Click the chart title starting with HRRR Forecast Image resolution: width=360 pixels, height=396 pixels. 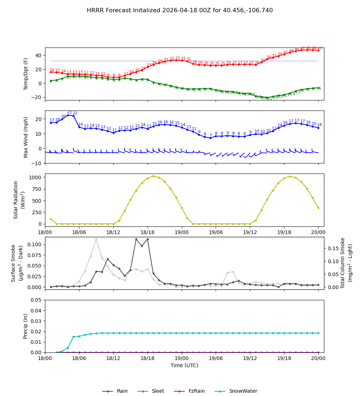click(180, 10)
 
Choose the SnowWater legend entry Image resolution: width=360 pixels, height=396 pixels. click(243, 391)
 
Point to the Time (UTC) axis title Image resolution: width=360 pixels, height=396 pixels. click(184, 365)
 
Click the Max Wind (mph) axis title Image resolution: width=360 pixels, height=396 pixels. click(26, 137)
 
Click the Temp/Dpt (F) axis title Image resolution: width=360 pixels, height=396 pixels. click(26, 74)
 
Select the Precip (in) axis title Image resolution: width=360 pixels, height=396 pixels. click(26, 326)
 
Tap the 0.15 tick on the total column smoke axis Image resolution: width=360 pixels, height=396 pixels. click(332, 248)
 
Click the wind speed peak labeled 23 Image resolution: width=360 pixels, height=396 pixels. click(68, 115)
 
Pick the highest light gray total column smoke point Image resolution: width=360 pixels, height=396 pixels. click(96, 239)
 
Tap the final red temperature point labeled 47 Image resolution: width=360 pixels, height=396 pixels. click(318, 50)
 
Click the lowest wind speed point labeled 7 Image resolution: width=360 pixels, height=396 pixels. click(210, 138)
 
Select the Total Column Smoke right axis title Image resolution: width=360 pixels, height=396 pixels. click(346, 263)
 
